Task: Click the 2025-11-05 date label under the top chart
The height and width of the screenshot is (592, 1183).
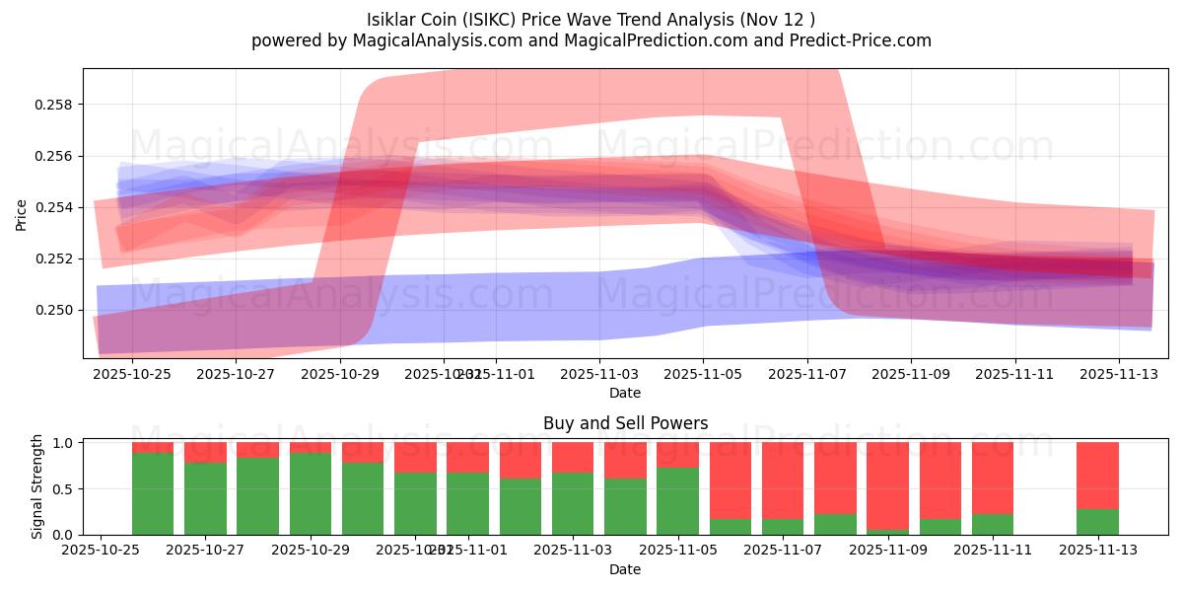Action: [x=703, y=375]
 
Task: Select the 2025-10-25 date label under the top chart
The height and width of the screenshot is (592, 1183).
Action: [x=132, y=375]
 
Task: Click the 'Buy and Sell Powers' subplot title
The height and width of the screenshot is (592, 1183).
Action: [x=625, y=423]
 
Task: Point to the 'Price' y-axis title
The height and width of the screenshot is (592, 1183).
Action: [x=22, y=214]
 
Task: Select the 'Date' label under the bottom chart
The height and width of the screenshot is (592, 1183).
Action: [x=625, y=569]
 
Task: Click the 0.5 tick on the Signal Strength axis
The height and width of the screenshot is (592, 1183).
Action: [x=63, y=488]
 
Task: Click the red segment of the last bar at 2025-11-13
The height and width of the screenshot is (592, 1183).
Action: [x=1097, y=475]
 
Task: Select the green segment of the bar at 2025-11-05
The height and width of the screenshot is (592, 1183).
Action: [x=677, y=501]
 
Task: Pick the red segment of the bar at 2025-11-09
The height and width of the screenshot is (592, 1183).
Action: [x=887, y=483]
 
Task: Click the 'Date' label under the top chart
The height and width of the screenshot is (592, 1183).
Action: [x=625, y=393]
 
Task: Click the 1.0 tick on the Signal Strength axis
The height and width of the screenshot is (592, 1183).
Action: [x=63, y=443]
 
